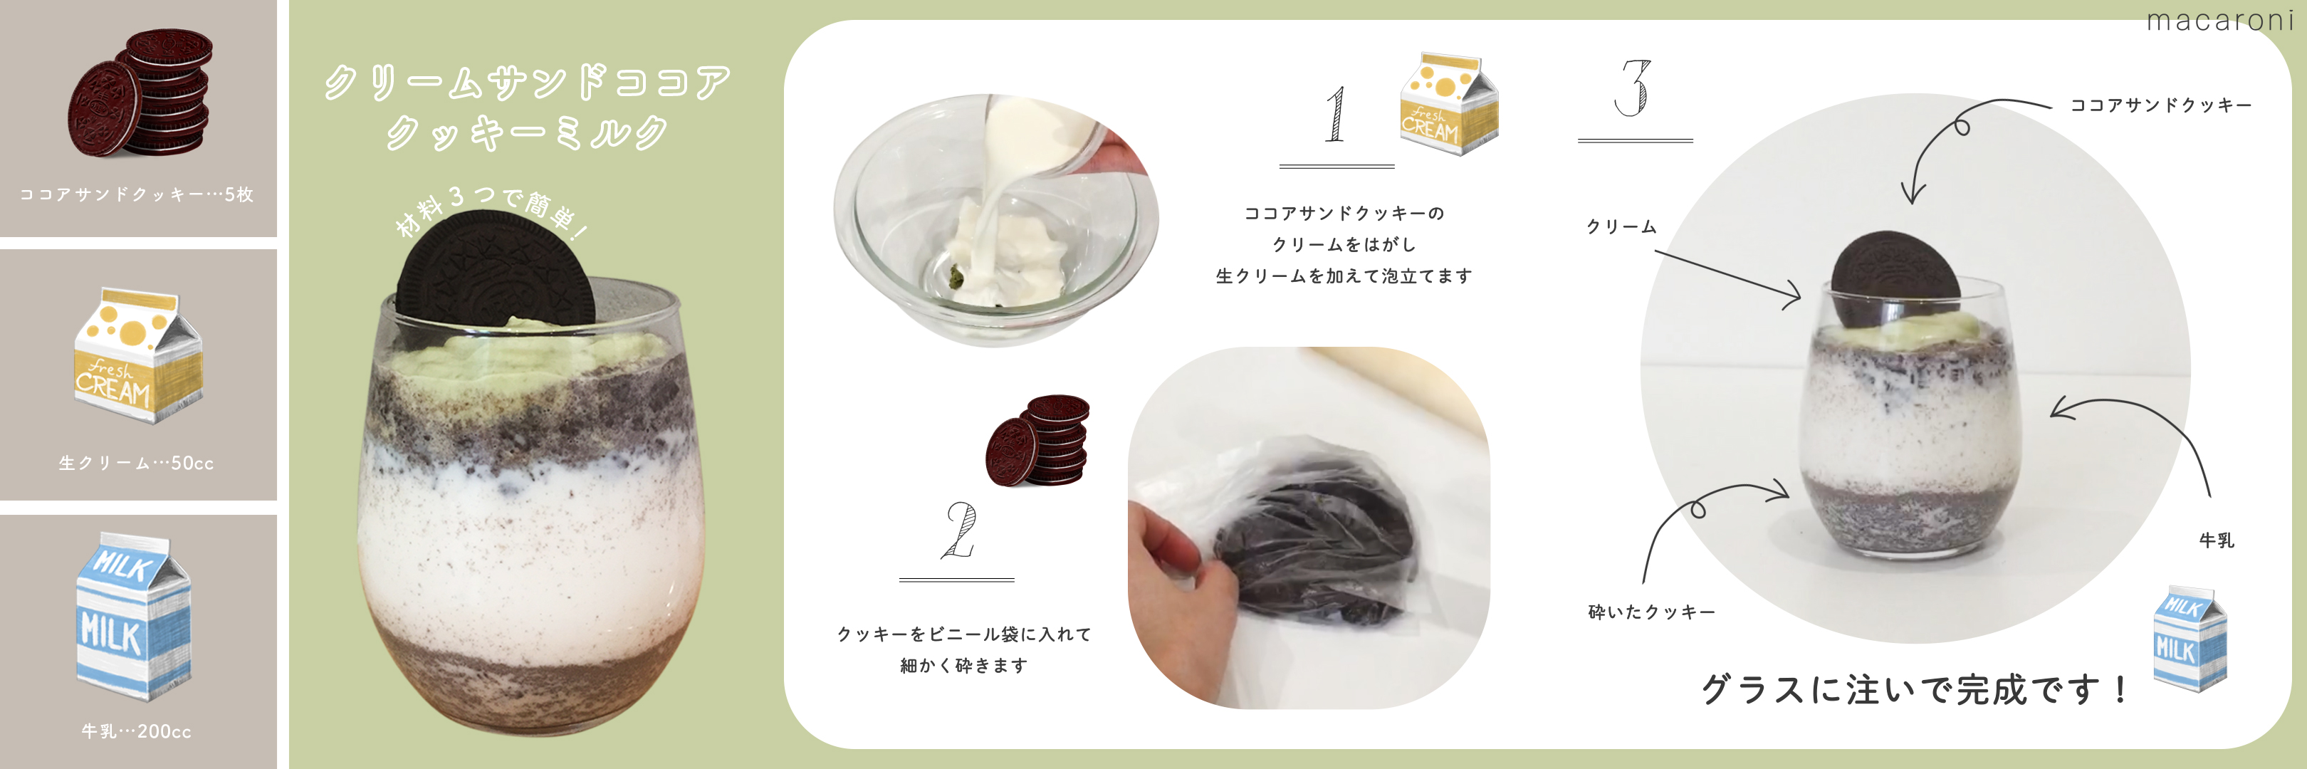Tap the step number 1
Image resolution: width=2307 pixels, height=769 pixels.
tap(1335, 114)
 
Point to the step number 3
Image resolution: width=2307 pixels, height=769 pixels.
tap(1633, 88)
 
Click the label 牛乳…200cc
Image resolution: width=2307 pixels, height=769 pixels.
tap(137, 731)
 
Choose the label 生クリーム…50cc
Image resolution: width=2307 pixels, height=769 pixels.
tap(136, 463)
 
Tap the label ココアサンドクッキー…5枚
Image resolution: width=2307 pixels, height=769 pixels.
tap(137, 194)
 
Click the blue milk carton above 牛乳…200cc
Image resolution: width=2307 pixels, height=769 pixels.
tap(132, 615)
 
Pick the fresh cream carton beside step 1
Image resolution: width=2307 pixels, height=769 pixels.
tap(1449, 103)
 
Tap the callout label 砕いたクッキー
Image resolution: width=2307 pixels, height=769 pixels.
tap(1651, 612)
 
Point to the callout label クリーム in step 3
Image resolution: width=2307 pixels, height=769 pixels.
tap(1622, 227)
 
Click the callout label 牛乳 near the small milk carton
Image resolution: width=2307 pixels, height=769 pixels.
tap(2217, 540)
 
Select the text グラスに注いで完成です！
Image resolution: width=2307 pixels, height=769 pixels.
tap(1914, 689)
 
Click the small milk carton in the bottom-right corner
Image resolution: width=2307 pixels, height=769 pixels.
tap(2189, 637)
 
